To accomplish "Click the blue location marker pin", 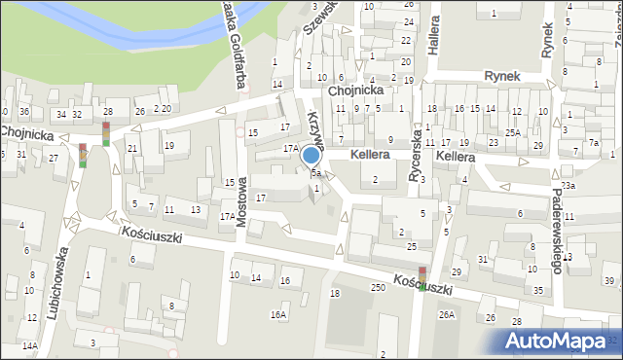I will pos(311,156).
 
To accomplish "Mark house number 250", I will pos(378,288).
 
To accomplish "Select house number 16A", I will pos(279,315).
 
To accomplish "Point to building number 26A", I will pos(447,315).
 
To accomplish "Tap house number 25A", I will pos(512,132).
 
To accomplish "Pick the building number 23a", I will pos(568,185).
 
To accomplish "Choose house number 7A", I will pos(595,143).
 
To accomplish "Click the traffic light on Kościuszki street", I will pos(422,278).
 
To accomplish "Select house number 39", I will pos(608,281).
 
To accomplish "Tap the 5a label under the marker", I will pos(316,174).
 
